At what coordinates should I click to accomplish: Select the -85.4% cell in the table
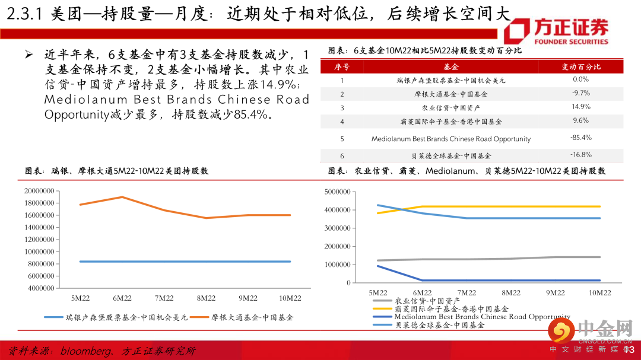581,138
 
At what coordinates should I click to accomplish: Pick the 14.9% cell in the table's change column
581,107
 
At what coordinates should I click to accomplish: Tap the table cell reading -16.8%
581,155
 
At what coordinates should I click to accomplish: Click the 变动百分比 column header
581,66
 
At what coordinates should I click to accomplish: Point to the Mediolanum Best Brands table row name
451,139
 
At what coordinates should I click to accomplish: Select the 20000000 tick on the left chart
40,191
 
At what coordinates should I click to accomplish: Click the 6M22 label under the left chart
122,298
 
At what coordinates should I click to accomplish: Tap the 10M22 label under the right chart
599,293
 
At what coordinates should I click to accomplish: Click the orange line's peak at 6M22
122,197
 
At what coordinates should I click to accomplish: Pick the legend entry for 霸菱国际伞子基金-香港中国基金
451,309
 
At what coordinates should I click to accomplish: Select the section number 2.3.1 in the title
23,15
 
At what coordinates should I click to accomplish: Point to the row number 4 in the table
342,121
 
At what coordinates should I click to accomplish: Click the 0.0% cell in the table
581,79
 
